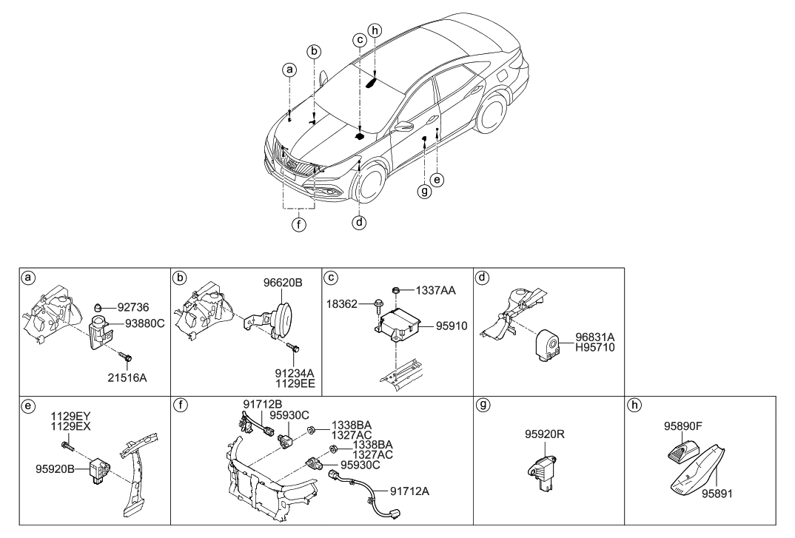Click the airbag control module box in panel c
[400, 323]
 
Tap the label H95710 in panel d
[597, 346]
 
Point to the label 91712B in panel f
[261, 403]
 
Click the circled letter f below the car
[298, 226]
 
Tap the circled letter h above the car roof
[375, 31]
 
